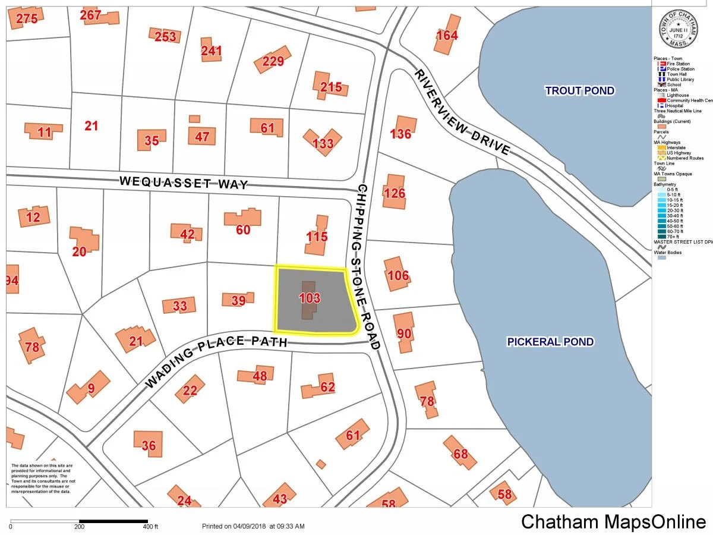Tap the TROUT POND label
point(579,91)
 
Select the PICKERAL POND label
point(550,342)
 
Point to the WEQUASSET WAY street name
point(183,182)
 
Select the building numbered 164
point(447,36)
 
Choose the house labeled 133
point(323,143)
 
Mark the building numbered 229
point(273,61)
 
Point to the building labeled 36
point(149,445)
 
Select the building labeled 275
point(27,18)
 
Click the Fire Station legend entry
point(677,64)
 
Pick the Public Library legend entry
point(679,80)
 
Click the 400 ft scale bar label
point(150,527)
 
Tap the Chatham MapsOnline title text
point(613,521)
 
